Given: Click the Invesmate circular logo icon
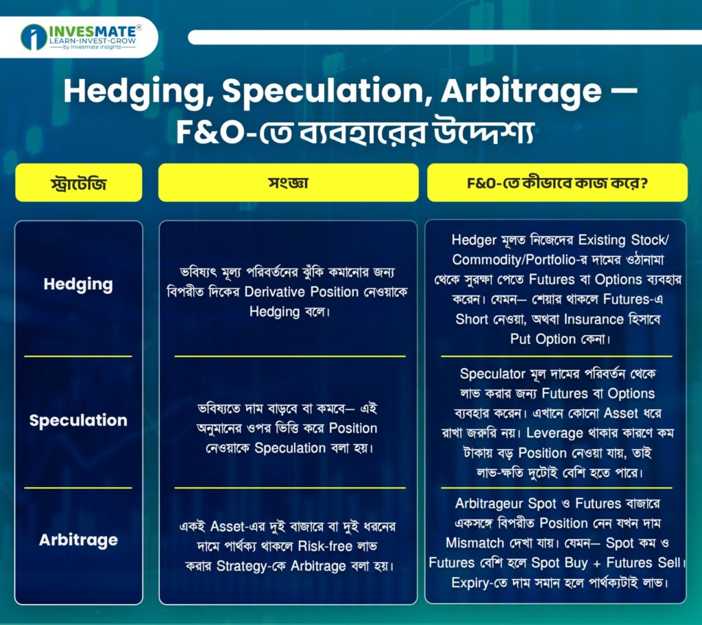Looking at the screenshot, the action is (x=34, y=37).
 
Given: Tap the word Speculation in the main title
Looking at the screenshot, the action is (x=324, y=91).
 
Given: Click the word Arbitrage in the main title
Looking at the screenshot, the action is (x=521, y=92).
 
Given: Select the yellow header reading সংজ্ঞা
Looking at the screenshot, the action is (x=289, y=183).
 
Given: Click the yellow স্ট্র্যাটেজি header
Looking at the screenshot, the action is (x=79, y=183).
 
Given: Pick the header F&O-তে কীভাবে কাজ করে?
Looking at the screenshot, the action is (x=557, y=183).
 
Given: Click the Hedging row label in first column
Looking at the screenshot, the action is (x=78, y=284).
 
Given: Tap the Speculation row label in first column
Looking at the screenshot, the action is (x=78, y=420).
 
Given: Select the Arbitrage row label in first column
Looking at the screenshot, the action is (x=78, y=540).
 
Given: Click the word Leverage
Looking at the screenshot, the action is (x=555, y=433).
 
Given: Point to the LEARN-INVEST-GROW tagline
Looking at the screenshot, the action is (x=93, y=40).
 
